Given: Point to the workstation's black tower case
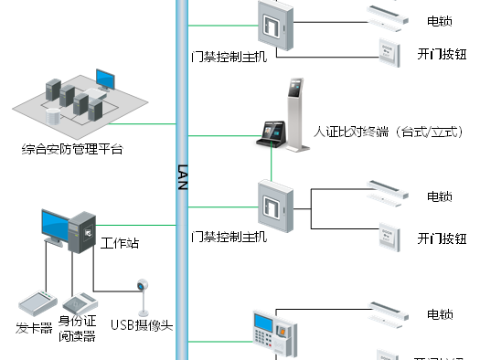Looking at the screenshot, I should point(82,232).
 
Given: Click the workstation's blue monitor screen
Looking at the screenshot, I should point(54,224).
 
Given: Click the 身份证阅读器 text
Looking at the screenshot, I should point(78,327).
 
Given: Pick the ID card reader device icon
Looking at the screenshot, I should point(80,302).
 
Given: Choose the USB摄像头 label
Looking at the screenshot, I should point(142,323).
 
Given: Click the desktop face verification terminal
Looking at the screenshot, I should point(270,134).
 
